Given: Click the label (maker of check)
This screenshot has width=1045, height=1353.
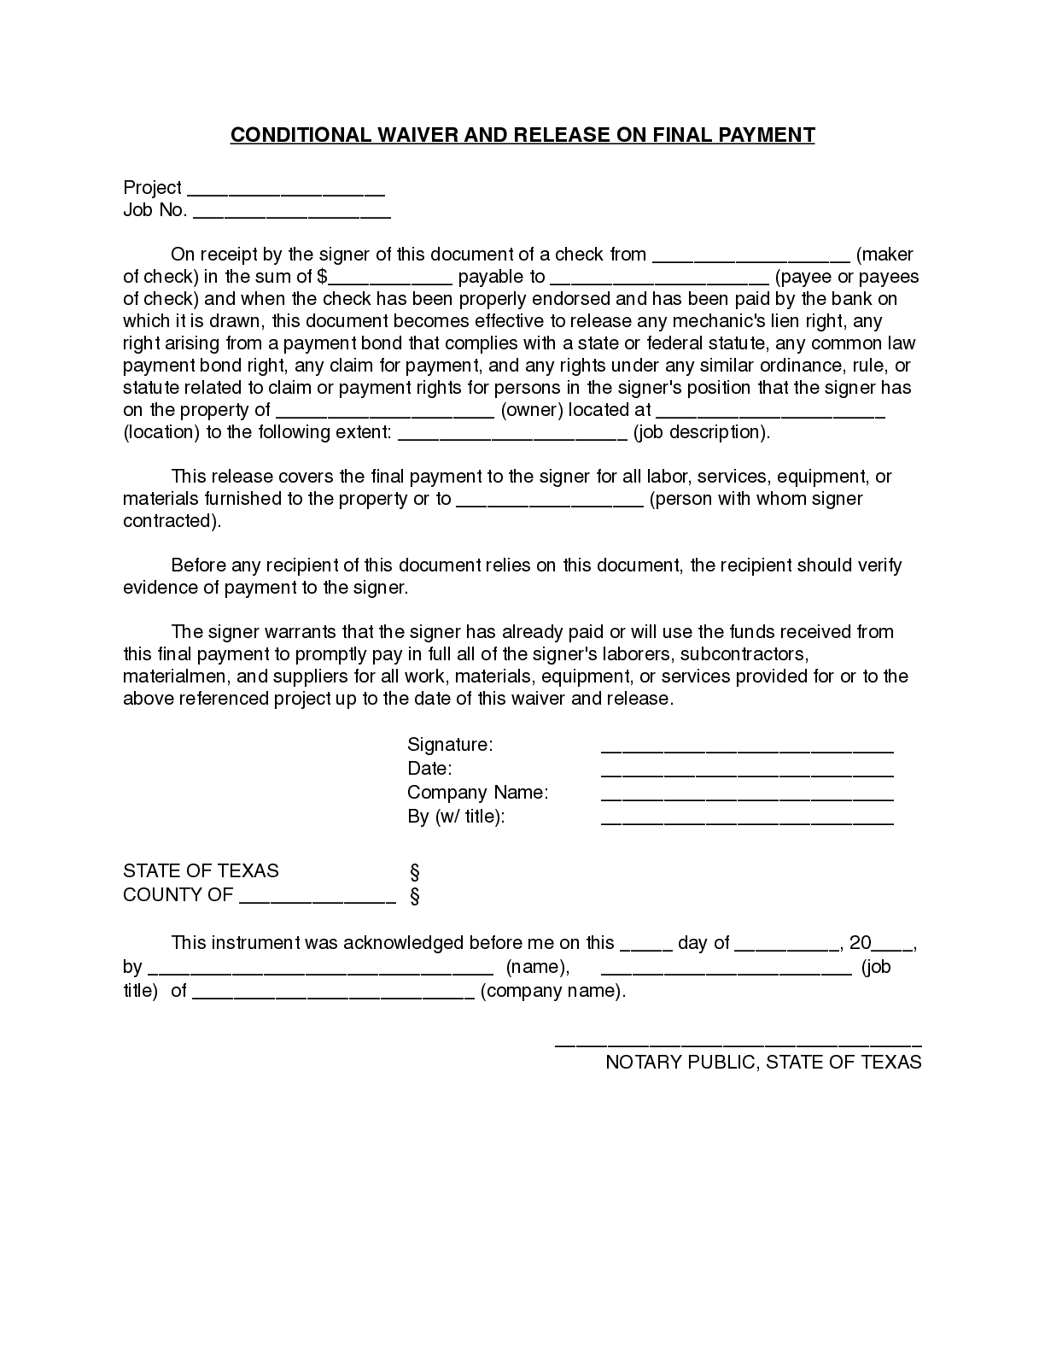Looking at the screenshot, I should click(884, 255).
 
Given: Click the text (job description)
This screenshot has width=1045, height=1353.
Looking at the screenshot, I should click(701, 432).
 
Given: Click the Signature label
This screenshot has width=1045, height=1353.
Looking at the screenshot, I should click(450, 745).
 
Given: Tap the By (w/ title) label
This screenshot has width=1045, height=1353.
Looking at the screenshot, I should click(456, 817).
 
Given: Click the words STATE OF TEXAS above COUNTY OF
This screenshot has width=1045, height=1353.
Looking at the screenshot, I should click(201, 871).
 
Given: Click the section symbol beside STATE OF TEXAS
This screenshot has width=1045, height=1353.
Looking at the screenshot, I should click(415, 872).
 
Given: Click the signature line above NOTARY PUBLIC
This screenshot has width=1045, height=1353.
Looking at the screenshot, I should click(738, 1044).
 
